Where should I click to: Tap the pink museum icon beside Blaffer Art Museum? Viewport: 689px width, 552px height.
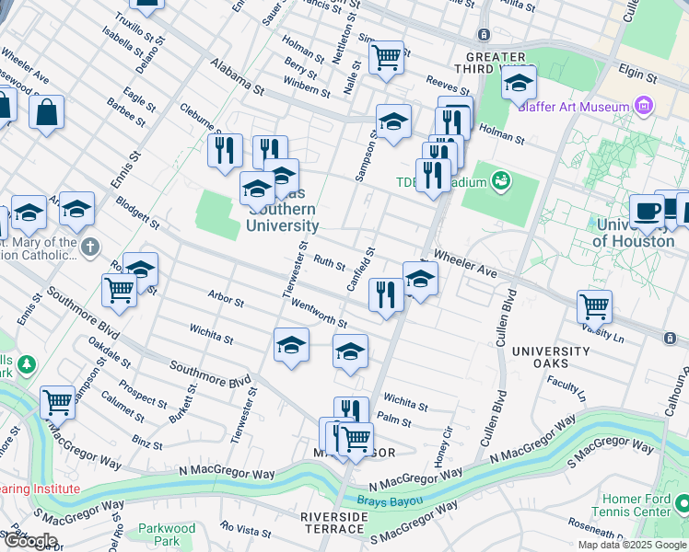pyautogui.click(x=643, y=107)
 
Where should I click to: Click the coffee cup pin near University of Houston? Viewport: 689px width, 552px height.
pyautogui.click(x=648, y=211)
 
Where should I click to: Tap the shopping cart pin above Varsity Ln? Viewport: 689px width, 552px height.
pyautogui.click(x=594, y=305)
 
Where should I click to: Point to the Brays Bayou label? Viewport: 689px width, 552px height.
pyautogui.click(x=391, y=502)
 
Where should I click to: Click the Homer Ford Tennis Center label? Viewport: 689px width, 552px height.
pyautogui.click(x=636, y=504)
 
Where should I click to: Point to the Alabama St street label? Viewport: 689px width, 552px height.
pyautogui.click(x=237, y=78)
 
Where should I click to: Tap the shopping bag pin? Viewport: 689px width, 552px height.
pyautogui.click(x=46, y=113)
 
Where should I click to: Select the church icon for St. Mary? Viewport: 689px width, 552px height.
pyautogui.click(x=88, y=247)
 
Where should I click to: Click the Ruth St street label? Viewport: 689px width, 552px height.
pyautogui.click(x=329, y=262)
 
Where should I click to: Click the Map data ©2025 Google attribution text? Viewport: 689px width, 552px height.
pyautogui.click(x=631, y=545)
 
